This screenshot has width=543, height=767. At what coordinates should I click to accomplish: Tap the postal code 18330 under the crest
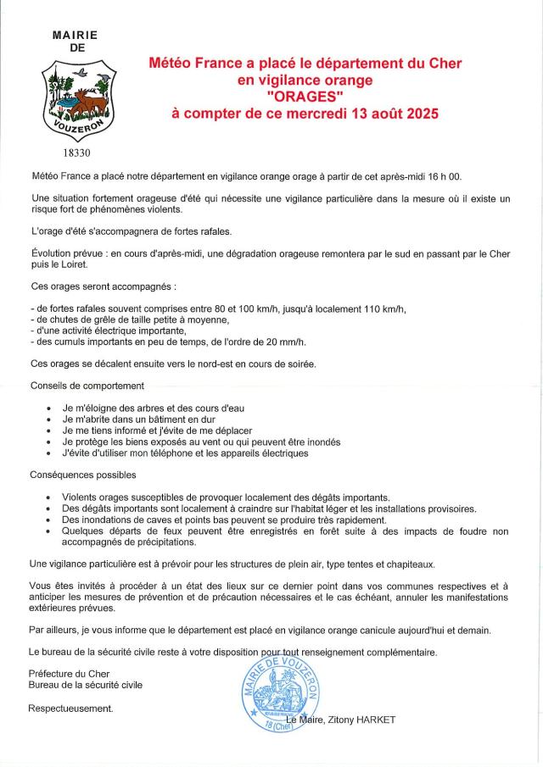pos(76,153)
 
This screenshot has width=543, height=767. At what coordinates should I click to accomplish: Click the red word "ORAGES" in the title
pos(305,96)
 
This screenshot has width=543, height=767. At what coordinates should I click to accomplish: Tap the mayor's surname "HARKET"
pos(373,720)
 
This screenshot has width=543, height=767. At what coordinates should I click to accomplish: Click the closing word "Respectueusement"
pos(70,708)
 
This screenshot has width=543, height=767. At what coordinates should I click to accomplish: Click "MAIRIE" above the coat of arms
pos(76,36)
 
